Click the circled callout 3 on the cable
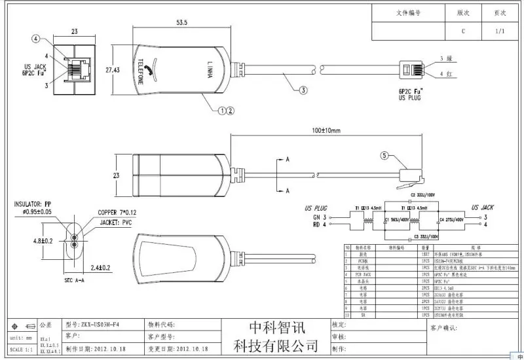pyautogui.click(x=303, y=91)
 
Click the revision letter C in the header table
pyautogui.click(x=464, y=31)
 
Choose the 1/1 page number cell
pyautogui.click(x=500, y=31)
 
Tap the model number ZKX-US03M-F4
pyautogui.click(x=100, y=325)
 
